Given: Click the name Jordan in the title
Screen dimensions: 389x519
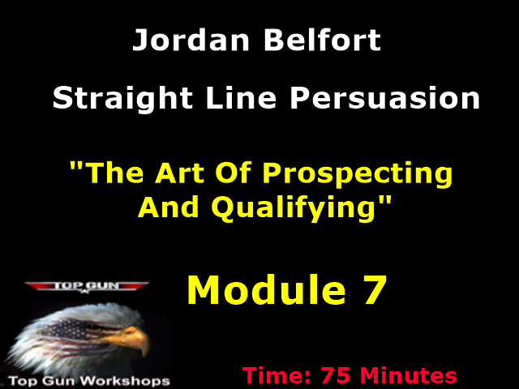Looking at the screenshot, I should point(183,41).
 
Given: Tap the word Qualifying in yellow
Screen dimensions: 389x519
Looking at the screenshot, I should point(295,208).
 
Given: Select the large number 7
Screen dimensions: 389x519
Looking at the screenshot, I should point(371,290).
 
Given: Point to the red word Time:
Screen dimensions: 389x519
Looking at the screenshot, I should point(277,376).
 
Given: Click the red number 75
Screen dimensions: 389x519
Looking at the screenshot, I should point(337,376).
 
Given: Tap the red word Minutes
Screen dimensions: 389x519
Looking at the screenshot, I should point(409,376).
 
